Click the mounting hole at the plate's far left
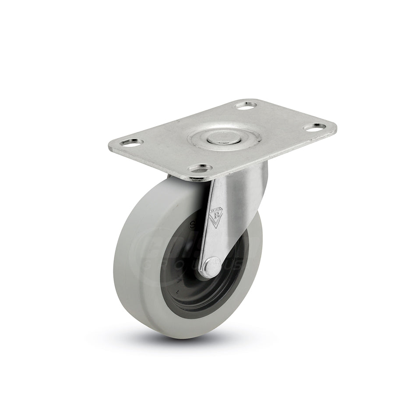coord(130,142)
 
